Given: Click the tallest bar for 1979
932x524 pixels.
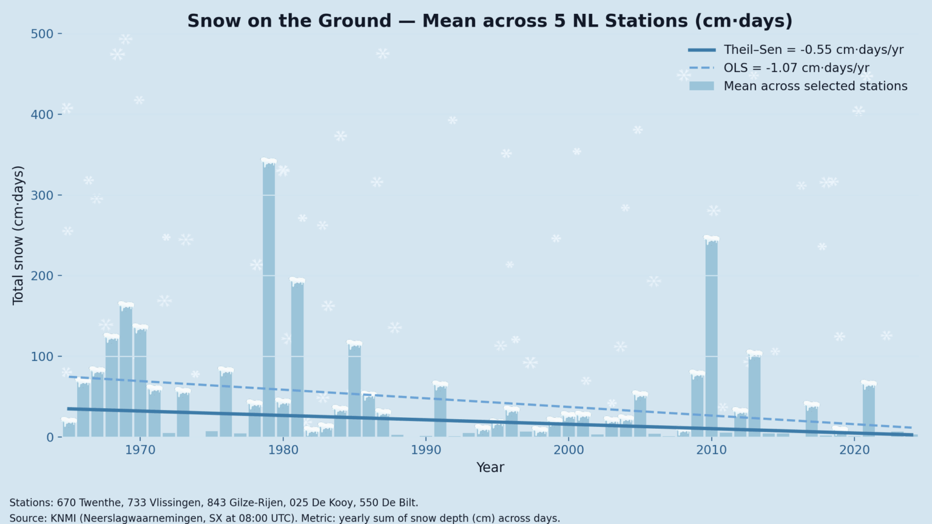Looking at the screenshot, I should click(269, 297).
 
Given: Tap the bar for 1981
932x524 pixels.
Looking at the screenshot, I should click(297, 358).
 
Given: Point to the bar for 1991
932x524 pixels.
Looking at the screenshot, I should click(440, 409).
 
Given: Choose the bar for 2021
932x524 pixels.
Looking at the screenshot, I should click(869, 409).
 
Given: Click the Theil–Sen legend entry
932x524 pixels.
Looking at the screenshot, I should click(813, 50).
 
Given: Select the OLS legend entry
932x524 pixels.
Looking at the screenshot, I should click(796, 68).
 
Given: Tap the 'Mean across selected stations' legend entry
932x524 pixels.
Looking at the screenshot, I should click(815, 86).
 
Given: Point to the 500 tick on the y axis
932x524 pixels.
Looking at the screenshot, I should click(42, 34).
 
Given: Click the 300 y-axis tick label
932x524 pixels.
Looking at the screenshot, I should click(42, 195).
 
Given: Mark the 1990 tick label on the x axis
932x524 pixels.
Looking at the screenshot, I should click(426, 450).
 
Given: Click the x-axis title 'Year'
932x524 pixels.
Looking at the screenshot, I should click(490, 468).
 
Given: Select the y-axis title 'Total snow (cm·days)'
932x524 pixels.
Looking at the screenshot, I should click(18, 235).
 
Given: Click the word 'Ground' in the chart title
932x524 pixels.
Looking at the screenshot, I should click(359, 21).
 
